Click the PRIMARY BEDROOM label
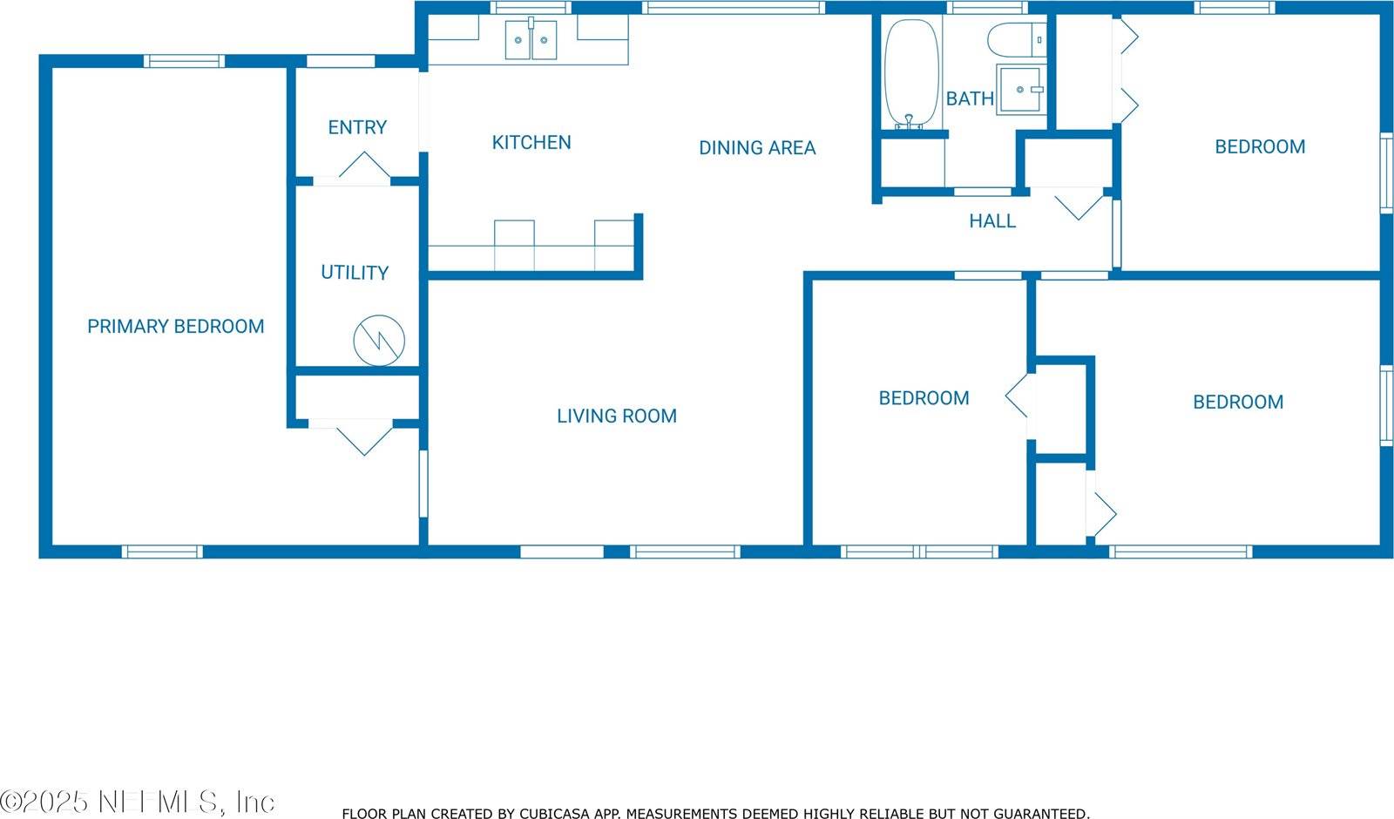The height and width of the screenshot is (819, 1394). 175,327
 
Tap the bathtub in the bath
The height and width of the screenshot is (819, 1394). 911,74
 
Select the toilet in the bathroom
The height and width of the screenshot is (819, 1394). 1012,39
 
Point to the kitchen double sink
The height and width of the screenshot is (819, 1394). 531,40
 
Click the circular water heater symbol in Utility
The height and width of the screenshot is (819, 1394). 379,340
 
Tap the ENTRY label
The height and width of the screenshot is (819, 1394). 357,128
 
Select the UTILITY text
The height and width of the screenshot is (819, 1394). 355,273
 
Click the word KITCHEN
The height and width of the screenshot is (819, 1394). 531,143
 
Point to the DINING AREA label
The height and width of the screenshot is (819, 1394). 757,148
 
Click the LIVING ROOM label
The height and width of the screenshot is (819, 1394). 617,416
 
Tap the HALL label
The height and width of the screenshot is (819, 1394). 992,221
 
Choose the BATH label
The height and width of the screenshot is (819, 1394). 970,98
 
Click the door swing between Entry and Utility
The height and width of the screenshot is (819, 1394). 364,167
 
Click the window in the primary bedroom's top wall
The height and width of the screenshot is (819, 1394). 184,61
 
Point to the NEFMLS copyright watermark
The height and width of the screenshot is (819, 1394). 138,802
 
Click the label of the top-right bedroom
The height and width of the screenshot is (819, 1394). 1260,147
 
